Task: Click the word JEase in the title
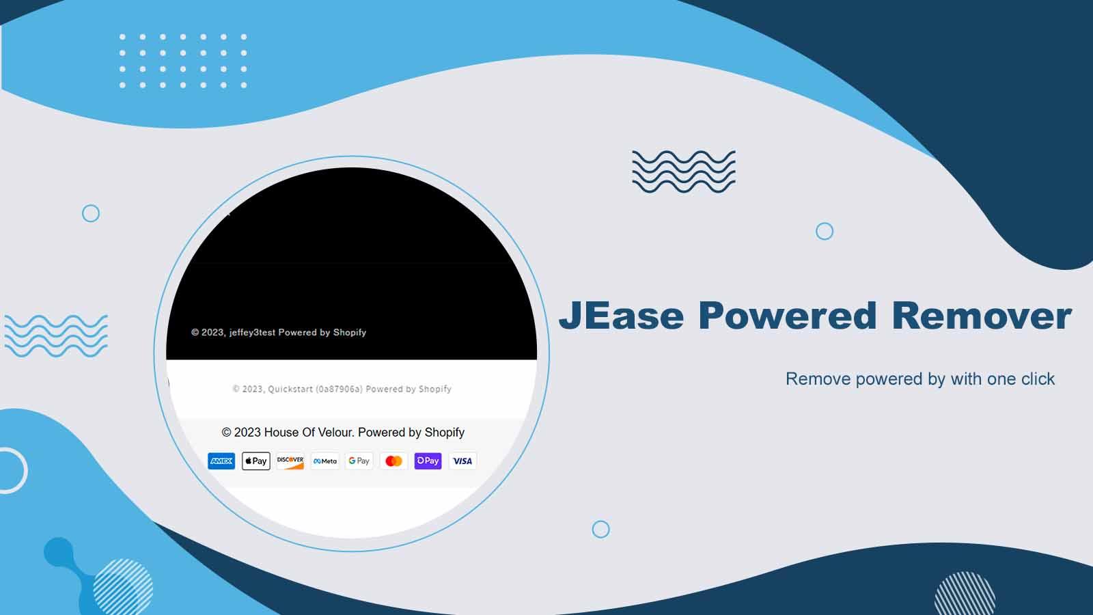coord(621,316)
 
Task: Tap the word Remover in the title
coord(981,316)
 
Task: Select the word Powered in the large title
coord(787,316)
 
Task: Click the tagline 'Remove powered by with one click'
coord(919,379)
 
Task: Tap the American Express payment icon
coord(221,461)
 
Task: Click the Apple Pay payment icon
coord(256,461)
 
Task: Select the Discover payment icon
coord(290,461)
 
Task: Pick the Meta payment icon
coord(325,461)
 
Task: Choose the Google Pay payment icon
coord(359,461)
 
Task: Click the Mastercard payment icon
coord(393,461)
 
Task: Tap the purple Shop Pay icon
coord(428,461)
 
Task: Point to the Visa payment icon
coord(462,461)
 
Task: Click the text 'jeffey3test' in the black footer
coord(252,333)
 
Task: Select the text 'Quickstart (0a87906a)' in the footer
coord(315,389)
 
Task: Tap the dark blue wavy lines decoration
coord(684,172)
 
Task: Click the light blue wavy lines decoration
coord(56,336)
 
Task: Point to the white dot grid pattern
coord(183,61)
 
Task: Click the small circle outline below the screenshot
coord(600,529)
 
